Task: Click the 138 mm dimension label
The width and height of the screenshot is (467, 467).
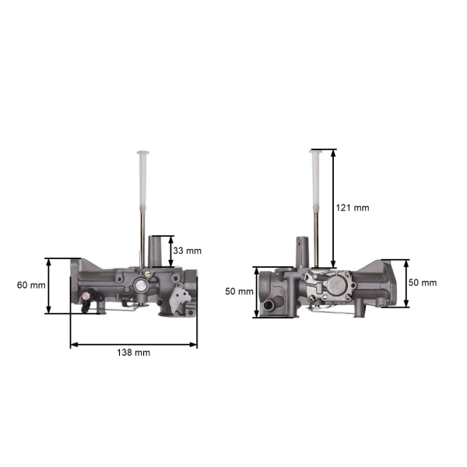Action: (134, 353)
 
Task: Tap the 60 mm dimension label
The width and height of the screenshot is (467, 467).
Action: (30, 285)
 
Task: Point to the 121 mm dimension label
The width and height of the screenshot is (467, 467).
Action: (353, 208)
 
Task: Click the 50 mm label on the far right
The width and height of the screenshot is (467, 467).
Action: (423, 283)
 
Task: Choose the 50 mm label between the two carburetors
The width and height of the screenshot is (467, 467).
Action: (238, 291)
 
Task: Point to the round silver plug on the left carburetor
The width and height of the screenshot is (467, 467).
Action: (140, 286)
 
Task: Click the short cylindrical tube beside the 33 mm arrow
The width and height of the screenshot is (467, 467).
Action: (159, 251)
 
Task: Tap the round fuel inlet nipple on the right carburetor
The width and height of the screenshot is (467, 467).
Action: (271, 305)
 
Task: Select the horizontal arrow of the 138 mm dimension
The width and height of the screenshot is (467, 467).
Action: (134, 343)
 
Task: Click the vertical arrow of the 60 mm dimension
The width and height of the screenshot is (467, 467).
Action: (49, 286)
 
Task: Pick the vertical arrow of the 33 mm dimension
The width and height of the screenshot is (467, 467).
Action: (171, 251)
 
